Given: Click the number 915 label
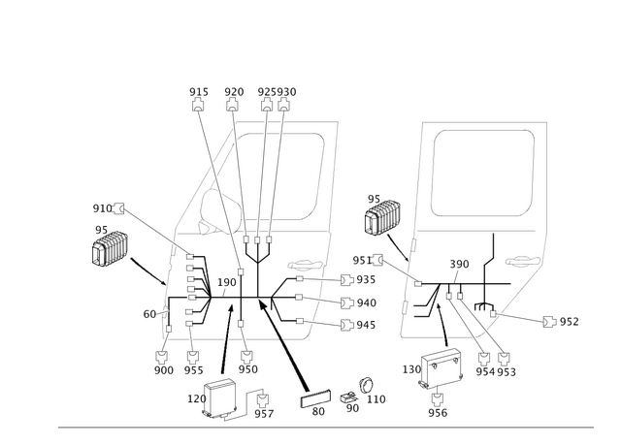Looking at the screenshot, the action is [198, 92].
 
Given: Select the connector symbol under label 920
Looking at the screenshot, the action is [233, 106].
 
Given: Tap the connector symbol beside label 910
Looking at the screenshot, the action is [118, 208].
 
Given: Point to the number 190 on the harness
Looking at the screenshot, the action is [226, 282].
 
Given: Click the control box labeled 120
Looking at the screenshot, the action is [220, 397].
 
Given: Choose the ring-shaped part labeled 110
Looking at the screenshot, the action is [366, 385].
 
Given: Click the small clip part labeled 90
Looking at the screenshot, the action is [348, 397].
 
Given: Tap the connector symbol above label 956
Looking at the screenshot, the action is [438, 399].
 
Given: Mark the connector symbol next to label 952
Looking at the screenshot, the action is [549, 322].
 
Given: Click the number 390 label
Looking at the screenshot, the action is [459, 264].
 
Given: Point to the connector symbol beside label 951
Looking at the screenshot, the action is [377, 260].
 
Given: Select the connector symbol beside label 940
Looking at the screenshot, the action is [347, 303].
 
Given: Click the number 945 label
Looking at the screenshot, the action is [366, 325].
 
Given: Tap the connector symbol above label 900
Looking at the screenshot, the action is [162, 357].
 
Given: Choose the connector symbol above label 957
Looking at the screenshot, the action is [262, 400].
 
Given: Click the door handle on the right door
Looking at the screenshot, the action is [523, 261].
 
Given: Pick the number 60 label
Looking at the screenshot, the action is [149, 314].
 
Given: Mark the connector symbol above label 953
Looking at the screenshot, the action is [504, 359].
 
